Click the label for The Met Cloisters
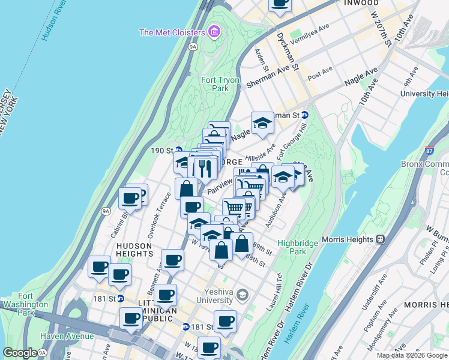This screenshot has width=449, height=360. point(172,32)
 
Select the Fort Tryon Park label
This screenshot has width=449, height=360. point(220,84)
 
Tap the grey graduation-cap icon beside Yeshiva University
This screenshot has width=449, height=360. point(242,295)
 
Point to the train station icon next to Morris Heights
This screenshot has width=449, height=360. point(380,239)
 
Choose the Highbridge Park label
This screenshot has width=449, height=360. point(292,247)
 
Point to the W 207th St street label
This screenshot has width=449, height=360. point(381,28)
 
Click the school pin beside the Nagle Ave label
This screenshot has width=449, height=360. point(262,122)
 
